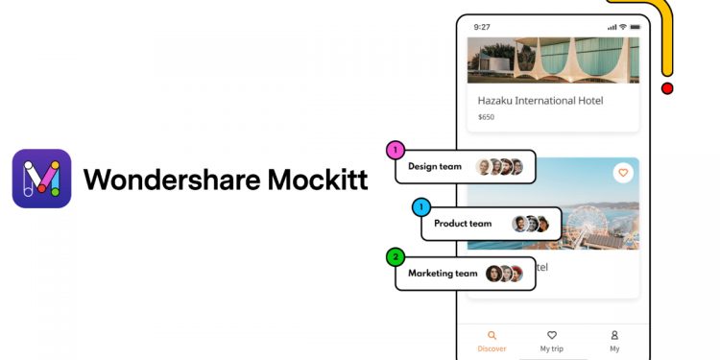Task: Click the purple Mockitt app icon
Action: tap(41, 179)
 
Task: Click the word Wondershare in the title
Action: tap(155, 180)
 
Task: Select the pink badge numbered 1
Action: tap(395, 151)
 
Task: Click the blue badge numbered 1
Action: tap(420, 207)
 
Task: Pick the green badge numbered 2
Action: tap(395, 257)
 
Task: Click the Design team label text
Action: tap(435, 167)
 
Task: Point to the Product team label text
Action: tap(463, 224)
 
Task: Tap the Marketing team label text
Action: tap(443, 274)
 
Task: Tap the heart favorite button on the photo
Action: tap(623, 173)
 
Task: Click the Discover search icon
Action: tap(492, 336)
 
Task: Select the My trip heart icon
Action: tap(552, 336)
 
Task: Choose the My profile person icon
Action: tap(614, 336)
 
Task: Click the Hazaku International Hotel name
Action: tap(540, 101)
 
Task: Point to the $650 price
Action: tap(487, 117)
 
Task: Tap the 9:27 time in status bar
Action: tap(482, 27)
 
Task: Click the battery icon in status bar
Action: tap(635, 27)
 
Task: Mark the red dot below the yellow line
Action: tap(667, 88)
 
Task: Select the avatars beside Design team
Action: tap(500, 167)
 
